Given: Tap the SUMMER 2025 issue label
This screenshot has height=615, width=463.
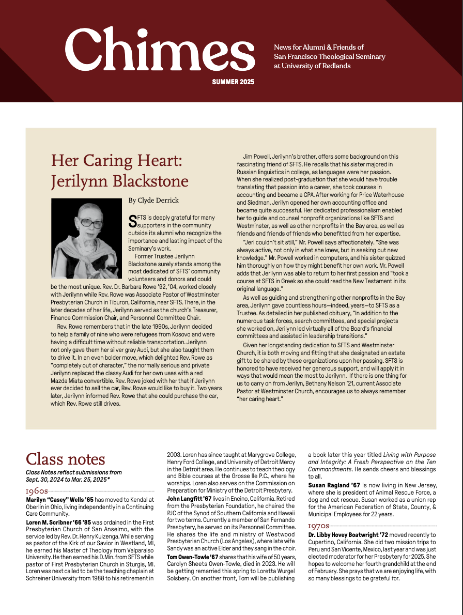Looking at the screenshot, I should [x=233, y=82].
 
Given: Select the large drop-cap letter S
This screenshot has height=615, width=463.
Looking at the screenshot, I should [x=133, y=222].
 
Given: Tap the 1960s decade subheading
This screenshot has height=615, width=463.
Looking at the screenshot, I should [x=37, y=491].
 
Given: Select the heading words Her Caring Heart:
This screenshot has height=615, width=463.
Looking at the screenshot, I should [x=116, y=160].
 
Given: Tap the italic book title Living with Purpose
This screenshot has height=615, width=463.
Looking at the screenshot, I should [x=398, y=455].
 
